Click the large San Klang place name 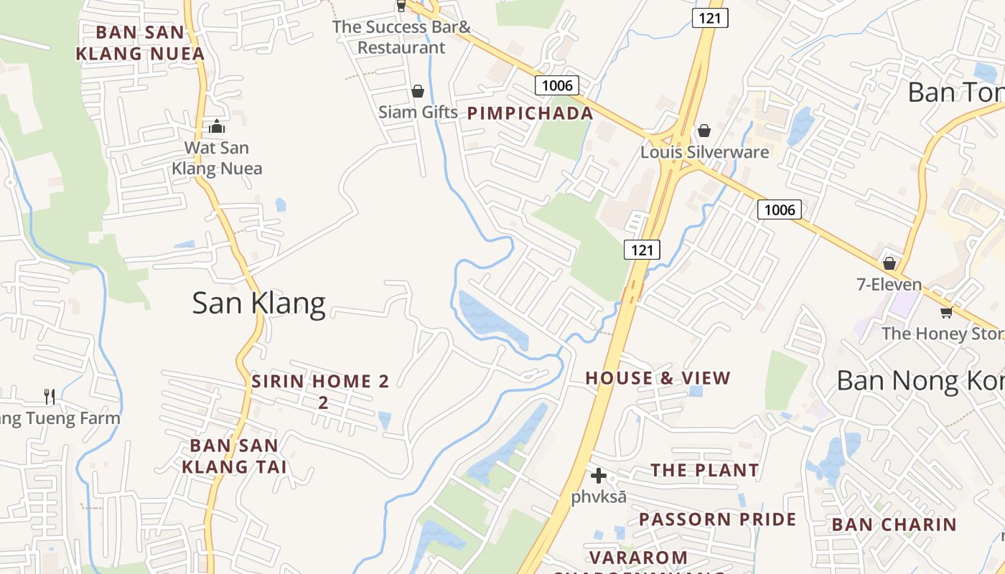(258, 304)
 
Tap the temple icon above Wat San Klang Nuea (217, 127)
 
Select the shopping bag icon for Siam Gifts (418, 91)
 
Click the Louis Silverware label (704, 152)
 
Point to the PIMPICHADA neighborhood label (530, 113)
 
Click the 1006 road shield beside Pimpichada (557, 86)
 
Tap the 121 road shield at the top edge (710, 18)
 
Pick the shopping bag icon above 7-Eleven (889, 263)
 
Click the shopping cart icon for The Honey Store (946, 312)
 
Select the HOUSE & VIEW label (658, 378)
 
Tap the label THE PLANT (704, 471)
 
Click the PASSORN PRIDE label (717, 519)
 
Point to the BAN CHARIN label (894, 524)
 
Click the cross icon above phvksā (599, 475)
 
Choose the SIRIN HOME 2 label (320, 382)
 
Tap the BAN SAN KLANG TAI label (234, 456)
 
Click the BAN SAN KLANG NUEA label (141, 43)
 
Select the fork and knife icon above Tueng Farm (50, 396)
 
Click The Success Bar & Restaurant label (402, 37)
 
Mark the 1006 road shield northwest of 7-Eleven (779, 210)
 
